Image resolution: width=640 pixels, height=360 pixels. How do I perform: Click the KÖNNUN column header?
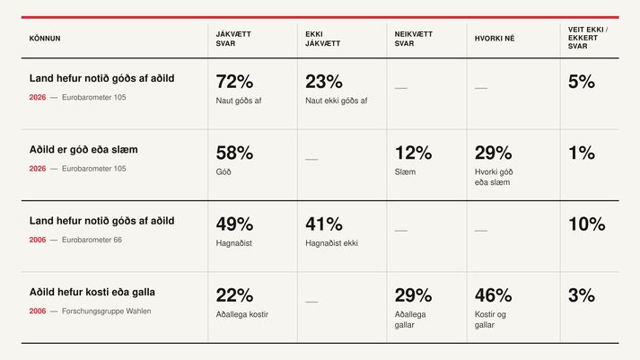(45, 39)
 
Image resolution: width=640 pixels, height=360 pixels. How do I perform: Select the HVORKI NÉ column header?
(495, 39)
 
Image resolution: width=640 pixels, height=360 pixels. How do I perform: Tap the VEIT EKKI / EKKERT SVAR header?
(588, 38)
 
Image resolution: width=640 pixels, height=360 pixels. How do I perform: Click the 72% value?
(234, 82)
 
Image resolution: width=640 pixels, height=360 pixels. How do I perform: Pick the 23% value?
(324, 82)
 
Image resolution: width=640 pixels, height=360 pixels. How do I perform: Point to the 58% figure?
(234, 153)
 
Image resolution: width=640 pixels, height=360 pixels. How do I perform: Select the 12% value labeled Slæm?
(413, 153)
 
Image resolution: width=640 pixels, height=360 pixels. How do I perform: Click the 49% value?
(234, 224)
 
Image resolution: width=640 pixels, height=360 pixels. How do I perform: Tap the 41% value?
(324, 224)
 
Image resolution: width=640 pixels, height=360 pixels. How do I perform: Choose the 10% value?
(586, 224)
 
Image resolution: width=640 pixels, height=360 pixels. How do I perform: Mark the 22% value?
(234, 295)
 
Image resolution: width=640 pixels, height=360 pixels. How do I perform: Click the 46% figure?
(493, 295)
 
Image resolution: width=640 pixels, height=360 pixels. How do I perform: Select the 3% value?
(582, 295)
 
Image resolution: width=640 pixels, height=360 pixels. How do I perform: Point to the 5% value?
(582, 82)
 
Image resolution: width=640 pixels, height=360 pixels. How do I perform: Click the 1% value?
(582, 153)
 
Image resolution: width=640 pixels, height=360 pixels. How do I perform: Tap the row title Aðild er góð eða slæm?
(83, 150)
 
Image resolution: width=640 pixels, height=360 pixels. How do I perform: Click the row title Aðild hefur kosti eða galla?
(92, 293)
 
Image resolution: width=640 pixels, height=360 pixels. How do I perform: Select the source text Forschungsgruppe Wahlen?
(106, 311)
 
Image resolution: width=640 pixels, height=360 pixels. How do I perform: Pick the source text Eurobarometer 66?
(92, 240)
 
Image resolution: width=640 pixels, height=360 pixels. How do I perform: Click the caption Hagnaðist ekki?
(331, 243)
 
